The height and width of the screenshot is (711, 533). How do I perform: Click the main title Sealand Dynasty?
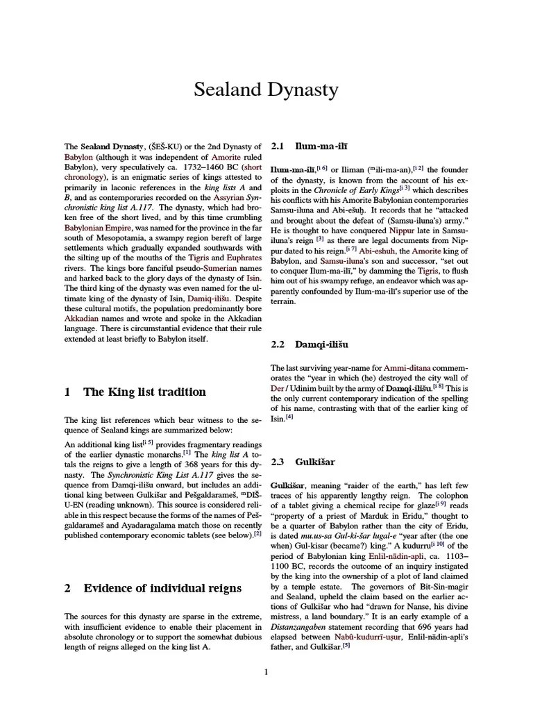(x=266, y=90)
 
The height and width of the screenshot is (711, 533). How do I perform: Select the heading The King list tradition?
(x=144, y=392)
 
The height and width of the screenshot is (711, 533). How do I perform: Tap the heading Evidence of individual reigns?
(x=162, y=588)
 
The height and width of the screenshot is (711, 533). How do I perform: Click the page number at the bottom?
(x=266, y=671)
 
